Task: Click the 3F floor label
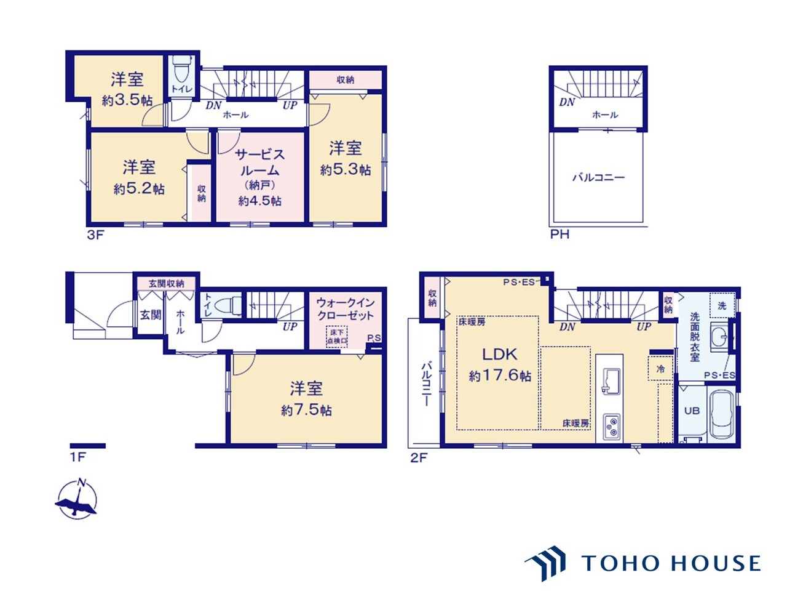(95, 235)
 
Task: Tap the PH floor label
(560, 235)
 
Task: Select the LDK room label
(499, 355)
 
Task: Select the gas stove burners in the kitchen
(612, 427)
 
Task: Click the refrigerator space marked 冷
(660, 369)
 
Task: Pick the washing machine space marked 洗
(722, 306)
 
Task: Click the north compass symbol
(77, 499)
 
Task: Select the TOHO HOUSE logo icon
(547, 563)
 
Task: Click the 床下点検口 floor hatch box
(337, 337)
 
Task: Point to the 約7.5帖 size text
(306, 411)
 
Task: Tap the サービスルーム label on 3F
(259, 163)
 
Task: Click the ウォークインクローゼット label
(345, 309)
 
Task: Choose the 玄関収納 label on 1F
(167, 284)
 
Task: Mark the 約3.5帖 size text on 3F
(127, 101)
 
